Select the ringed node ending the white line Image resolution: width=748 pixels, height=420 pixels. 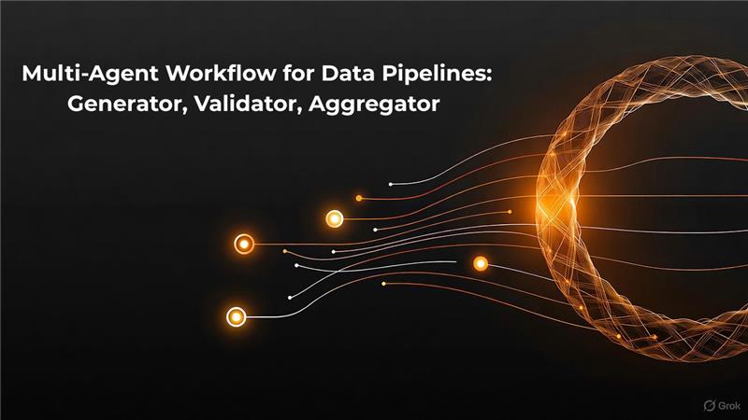(x=236, y=316)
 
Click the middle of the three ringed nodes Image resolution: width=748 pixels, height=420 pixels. (x=244, y=244)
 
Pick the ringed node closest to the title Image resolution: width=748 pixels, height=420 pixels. (x=335, y=219)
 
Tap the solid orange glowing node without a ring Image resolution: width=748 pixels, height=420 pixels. (x=481, y=263)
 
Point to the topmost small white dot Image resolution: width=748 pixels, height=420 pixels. (x=391, y=184)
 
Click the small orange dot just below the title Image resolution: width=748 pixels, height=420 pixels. (x=358, y=199)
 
